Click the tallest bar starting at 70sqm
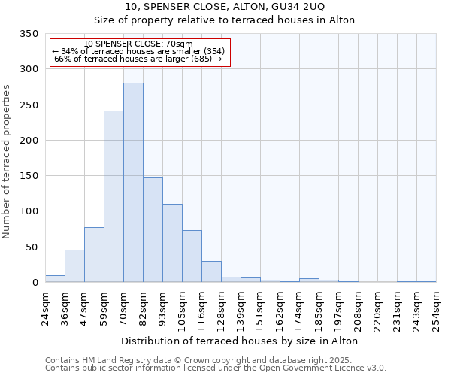(133, 183)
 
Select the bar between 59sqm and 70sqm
(114, 196)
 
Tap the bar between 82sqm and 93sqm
(153, 230)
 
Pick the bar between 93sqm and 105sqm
(172, 243)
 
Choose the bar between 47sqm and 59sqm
(94, 255)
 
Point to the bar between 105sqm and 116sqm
(192, 256)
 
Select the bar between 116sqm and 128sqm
(211, 271)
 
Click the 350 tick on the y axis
(29, 34)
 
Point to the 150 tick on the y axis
(29, 176)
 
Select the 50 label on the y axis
(32, 247)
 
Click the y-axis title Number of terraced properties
(8, 162)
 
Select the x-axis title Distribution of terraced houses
(239, 341)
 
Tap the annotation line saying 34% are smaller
(138, 51)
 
